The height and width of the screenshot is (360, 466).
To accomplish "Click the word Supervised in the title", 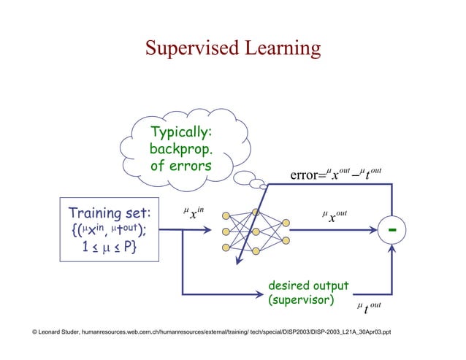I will coord(188,48).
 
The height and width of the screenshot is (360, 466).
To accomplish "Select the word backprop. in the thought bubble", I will coord(180,149).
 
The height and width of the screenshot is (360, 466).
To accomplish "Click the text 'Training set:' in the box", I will coord(109,214).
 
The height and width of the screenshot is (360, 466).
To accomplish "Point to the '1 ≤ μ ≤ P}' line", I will coord(109,248).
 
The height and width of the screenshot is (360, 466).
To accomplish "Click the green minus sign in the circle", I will coord(393,230).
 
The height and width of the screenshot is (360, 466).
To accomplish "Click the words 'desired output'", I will coord(309,286).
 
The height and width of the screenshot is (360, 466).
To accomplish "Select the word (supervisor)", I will coord(302,300).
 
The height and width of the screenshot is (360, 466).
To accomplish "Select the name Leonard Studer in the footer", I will coord(54,332).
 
